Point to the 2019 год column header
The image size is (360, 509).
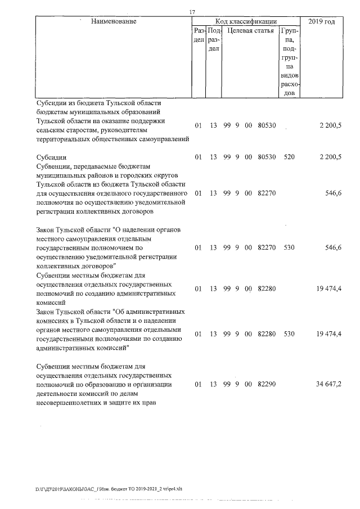[322, 21]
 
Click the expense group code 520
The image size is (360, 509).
[289, 157]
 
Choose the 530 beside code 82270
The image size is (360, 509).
[289, 247]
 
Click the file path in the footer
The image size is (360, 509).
[109, 489]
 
